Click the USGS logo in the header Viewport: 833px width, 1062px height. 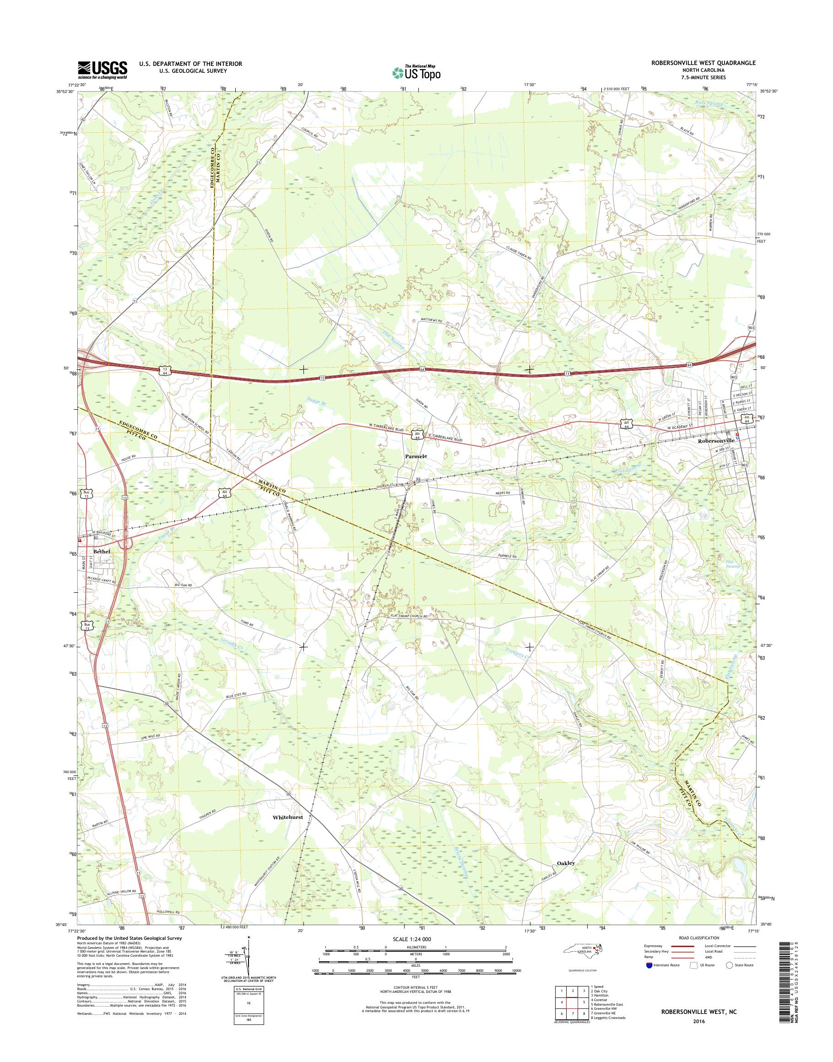click(x=103, y=70)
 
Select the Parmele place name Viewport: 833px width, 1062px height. click(x=416, y=456)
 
